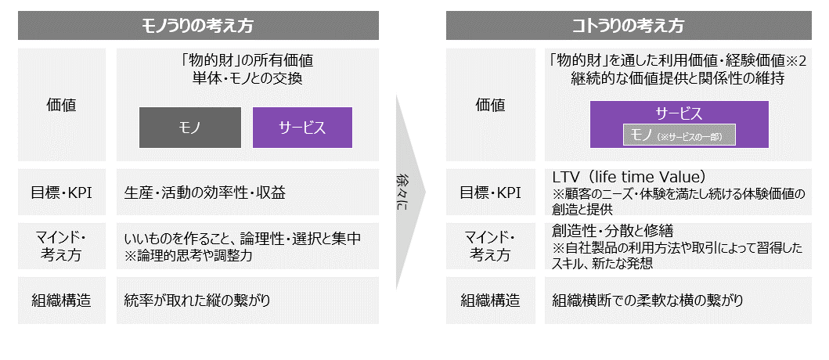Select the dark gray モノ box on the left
click(189, 128)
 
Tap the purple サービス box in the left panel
click(302, 128)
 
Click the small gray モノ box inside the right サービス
click(679, 135)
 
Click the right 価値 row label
click(490, 104)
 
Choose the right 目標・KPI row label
click(490, 192)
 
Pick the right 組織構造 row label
click(490, 300)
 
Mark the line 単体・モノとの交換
click(247, 78)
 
